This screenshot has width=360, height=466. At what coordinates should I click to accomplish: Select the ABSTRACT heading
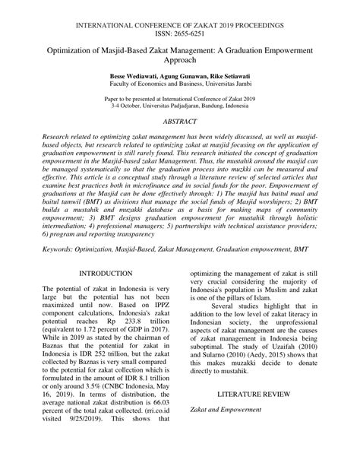point(180,121)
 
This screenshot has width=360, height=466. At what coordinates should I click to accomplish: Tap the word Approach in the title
point(180,62)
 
